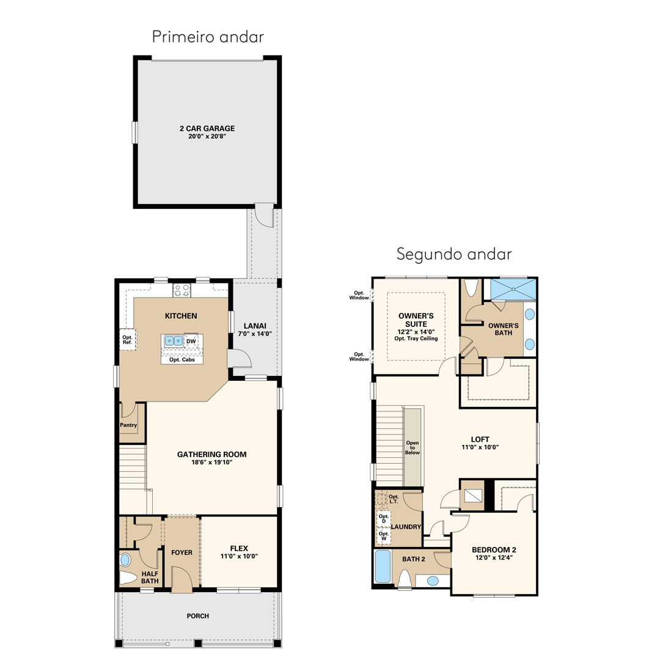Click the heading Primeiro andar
pyautogui.click(x=208, y=37)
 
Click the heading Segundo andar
pyautogui.click(x=454, y=254)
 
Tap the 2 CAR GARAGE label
pyautogui.click(x=207, y=128)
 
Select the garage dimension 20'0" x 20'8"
pyautogui.click(x=207, y=136)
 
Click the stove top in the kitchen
pyautogui.click(x=182, y=290)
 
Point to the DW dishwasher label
pyautogui.click(x=191, y=342)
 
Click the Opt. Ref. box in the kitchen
pyautogui.click(x=128, y=340)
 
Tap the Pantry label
pyautogui.click(x=128, y=425)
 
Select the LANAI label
pyautogui.click(x=255, y=326)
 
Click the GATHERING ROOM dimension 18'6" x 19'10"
pyautogui.click(x=211, y=462)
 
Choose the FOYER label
pyautogui.click(x=182, y=552)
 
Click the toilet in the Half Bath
pyautogui.click(x=128, y=577)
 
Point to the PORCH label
pyautogui.click(x=198, y=616)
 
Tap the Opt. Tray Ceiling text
pyautogui.click(x=416, y=339)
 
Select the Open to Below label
pyautogui.click(x=413, y=447)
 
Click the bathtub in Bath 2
pyautogui.click(x=383, y=566)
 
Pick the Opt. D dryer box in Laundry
pyautogui.click(x=383, y=519)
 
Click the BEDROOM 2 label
pyautogui.click(x=494, y=550)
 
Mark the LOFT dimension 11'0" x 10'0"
pyautogui.click(x=480, y=447)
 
